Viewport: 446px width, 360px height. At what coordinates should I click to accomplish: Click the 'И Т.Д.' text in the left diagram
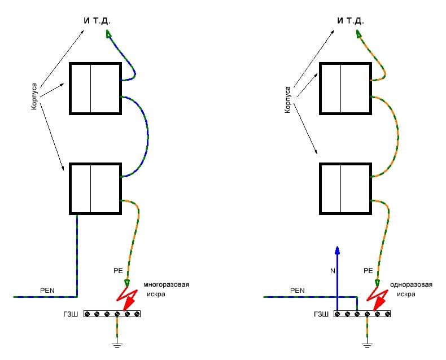(97, 21)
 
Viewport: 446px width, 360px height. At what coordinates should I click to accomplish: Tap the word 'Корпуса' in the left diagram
(34, 97)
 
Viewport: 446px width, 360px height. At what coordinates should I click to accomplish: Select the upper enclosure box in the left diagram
(94, 89)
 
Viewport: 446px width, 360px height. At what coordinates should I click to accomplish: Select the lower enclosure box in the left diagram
(94, 188)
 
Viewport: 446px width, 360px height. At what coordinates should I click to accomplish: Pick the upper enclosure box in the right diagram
(345, 89)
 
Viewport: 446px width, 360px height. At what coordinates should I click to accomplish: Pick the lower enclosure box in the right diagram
(345, 188)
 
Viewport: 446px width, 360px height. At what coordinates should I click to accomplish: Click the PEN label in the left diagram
(47, 290)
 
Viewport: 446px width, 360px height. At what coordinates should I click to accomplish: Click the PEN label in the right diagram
(298, 290)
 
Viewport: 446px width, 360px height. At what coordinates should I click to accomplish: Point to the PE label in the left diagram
(117, 270)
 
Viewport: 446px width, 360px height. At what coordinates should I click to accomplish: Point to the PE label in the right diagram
(368, 270)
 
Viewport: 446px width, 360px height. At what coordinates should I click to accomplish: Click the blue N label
(332, 270)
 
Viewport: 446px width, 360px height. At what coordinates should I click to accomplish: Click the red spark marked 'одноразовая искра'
(377, 296)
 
